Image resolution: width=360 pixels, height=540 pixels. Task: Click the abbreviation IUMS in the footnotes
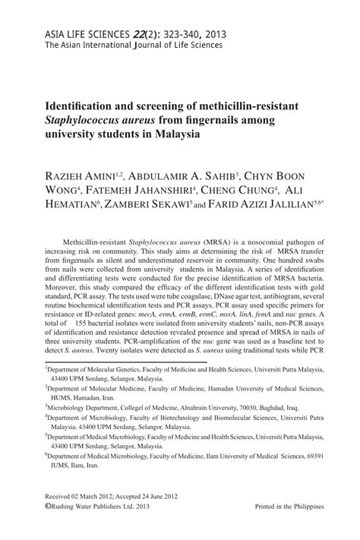point(62,469)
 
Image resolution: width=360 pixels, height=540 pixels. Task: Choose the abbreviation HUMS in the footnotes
point(63,396)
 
